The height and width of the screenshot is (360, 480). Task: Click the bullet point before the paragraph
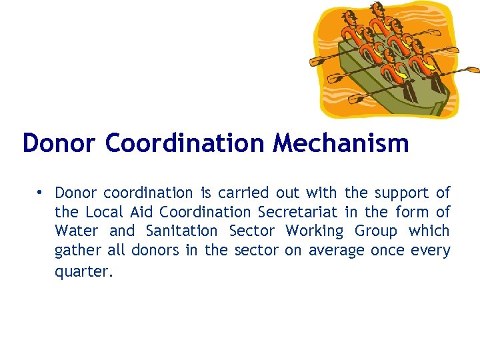(41, 193)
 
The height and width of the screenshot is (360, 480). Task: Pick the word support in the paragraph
(402, 193)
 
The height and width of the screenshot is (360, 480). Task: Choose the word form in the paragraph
(413, 212)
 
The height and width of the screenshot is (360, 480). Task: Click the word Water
(76, 231)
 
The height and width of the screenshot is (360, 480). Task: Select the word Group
(375, 231)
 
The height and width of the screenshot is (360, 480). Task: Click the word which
(429, 231)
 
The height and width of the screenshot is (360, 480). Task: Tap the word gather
(77, 251)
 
